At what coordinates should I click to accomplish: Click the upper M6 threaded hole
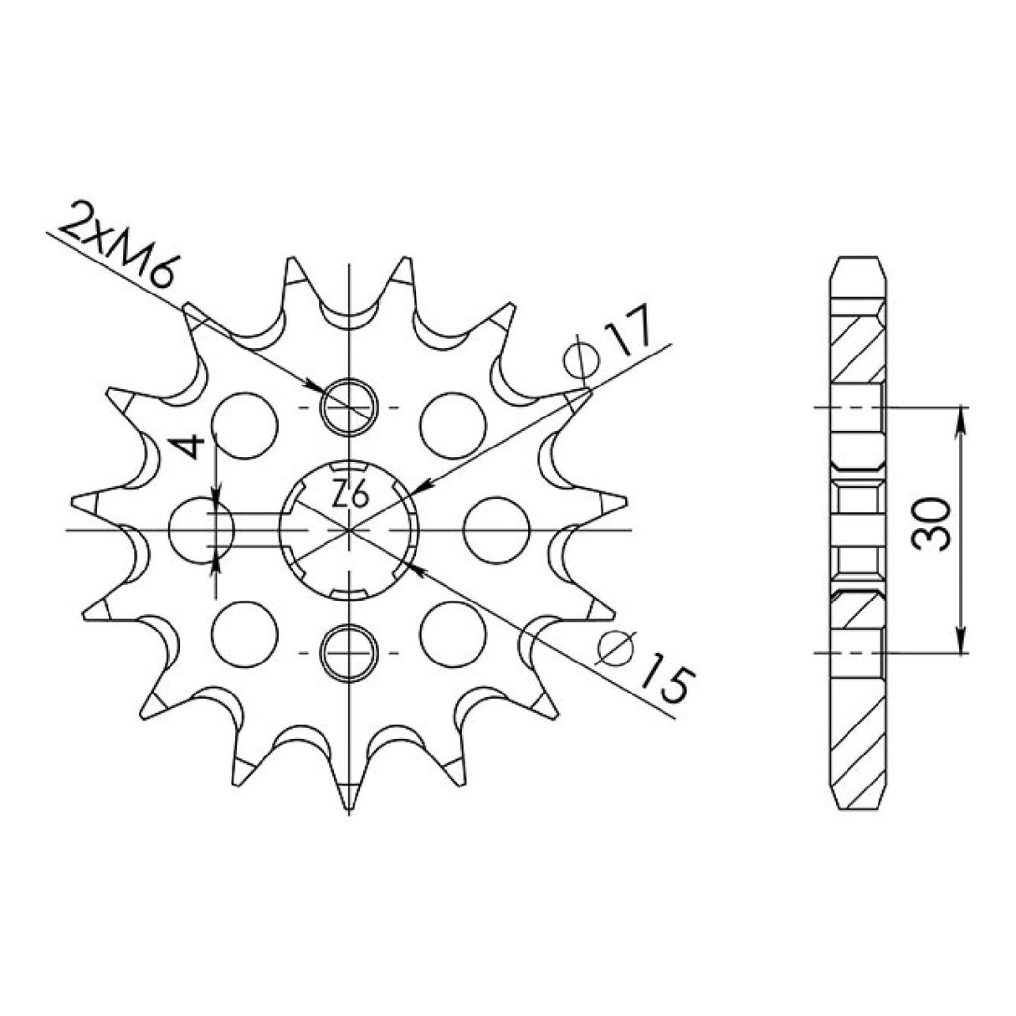tap(348, 407)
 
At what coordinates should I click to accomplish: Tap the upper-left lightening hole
tap(245, 424)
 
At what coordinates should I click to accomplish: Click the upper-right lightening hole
tap(454, 424)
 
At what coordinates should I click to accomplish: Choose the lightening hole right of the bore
tap(495, 530)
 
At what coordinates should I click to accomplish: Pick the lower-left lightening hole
tap(244, 634)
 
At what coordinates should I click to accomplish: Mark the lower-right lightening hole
tap(454, 634)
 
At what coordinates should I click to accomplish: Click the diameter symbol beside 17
tap(582, 361)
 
